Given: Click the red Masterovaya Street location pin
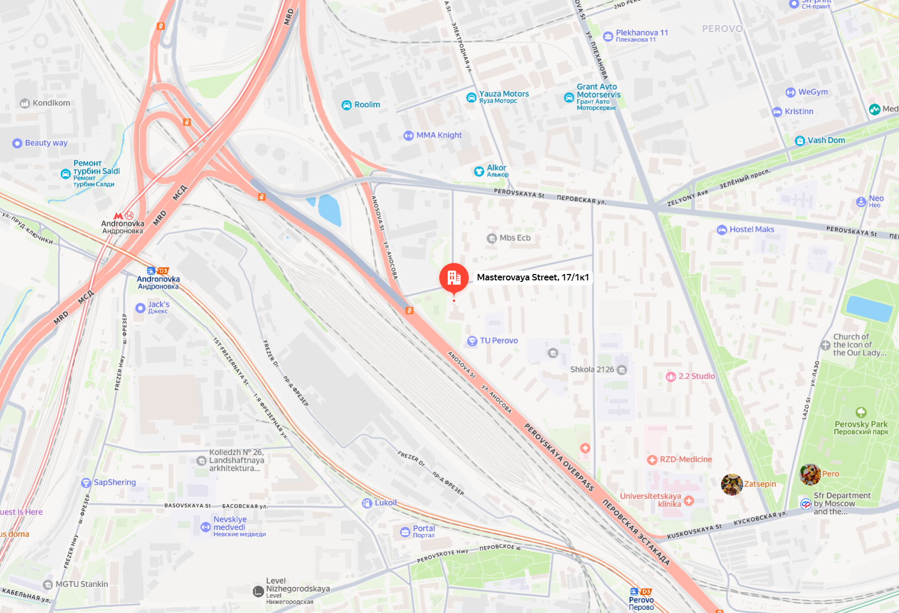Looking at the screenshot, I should [454, 278].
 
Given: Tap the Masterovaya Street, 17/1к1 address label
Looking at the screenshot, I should [533, 277].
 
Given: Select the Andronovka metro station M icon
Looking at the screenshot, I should [118, 216].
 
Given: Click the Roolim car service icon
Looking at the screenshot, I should [347, 105].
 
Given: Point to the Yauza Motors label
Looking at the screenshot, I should [504, 94].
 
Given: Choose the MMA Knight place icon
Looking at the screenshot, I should [408, 135].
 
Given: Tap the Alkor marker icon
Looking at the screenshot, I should [479, 171].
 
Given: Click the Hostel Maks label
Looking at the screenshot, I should [752, 230].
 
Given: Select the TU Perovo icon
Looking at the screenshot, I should [472, 341].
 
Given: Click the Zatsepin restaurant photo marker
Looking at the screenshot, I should [732, 485].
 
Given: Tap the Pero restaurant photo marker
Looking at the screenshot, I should [810, 474].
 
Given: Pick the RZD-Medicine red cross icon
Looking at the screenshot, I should [652, 460].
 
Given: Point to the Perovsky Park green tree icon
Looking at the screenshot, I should [861, 413].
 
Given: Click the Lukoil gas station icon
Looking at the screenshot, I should [367, 503].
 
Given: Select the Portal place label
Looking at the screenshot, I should [424, 529].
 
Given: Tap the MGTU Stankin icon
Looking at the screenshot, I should [48, 585].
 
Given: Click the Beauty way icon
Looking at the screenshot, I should [17, 143].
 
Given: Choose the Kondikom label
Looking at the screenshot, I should [51, 103].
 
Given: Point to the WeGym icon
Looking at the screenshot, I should [790, 92].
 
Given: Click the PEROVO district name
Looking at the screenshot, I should [722, 29].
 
